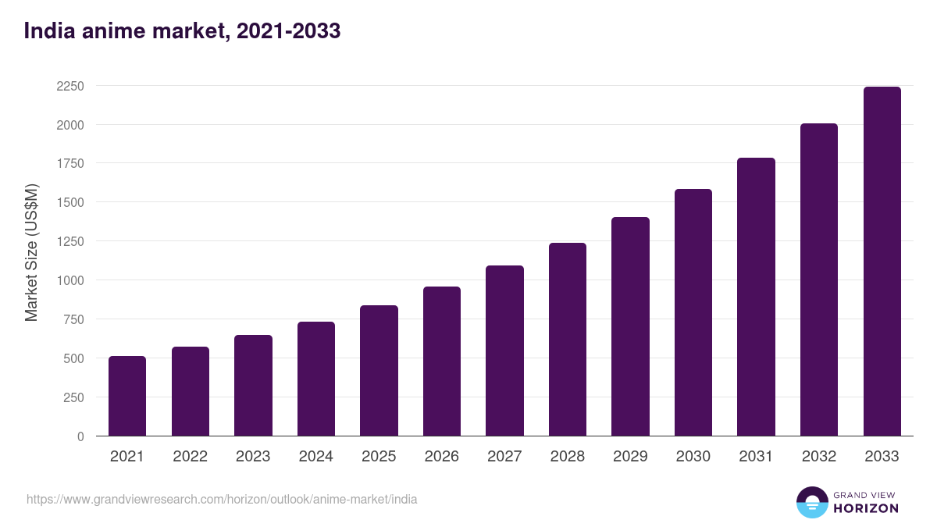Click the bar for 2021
pos(127,396)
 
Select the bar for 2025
pos(379,371)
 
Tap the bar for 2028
pos(568,340)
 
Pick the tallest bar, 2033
pos(882,262)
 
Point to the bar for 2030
pos(693,312)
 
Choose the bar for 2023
pos(253,386)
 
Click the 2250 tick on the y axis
pos(69,86)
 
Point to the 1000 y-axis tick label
pos(69,280)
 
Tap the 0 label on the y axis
pos(80,436)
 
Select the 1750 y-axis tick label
pos(69,164)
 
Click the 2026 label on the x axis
pos(442,457)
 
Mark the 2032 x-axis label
pos(819,457)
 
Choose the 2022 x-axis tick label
pos(191,457)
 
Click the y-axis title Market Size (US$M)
pos(31,252)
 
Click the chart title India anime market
pos(182,31)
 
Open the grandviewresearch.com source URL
pos(222,499)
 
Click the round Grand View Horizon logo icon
pos(812,502)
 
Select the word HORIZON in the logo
pos(866,508)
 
